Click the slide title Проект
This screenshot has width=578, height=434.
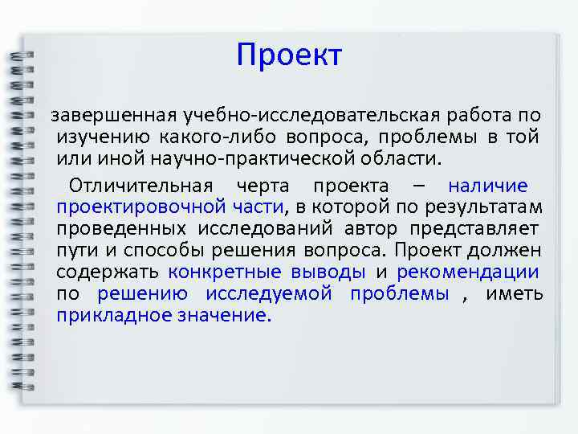click(289, 55)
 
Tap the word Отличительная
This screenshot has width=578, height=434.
click(141, 186)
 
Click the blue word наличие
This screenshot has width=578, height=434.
click(487, 186)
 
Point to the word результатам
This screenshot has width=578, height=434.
click(493, 207)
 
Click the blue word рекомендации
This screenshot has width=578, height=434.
click(468, 272)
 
